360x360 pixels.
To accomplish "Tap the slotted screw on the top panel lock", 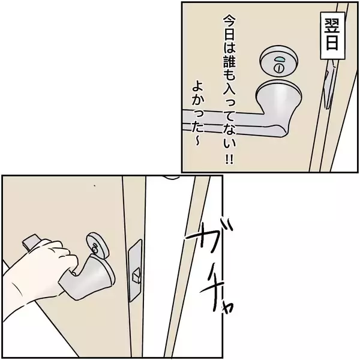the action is point(278,68).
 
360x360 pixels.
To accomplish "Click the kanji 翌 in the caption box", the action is point(332,25).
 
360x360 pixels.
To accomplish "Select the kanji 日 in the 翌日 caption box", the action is point(332,42).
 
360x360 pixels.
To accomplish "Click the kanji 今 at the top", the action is point(230,22).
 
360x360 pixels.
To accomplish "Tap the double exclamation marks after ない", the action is point(229,159).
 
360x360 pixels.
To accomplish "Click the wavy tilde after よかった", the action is point(197,142).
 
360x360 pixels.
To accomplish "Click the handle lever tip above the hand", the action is point(31,241).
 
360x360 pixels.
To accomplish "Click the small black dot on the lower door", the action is point(94,185).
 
